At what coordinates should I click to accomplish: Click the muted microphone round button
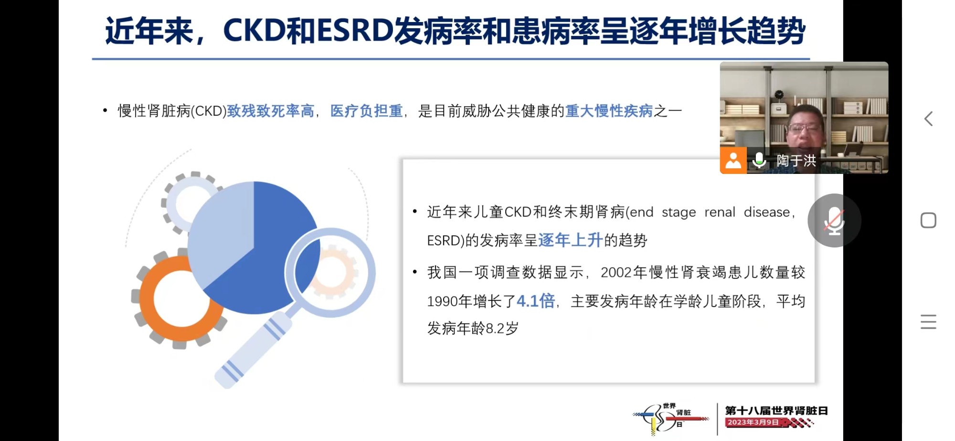click(834, 220)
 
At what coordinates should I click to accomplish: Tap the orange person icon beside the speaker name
click(733, 160)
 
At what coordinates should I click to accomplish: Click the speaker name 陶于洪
click(796, 161)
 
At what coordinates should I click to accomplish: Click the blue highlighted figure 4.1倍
click(536, 301)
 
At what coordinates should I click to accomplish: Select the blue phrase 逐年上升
click(570, 240)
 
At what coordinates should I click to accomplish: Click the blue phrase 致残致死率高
click(270, 111)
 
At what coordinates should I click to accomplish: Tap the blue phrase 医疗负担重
click(366, 111)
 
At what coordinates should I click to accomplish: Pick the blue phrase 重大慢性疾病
click(609, 111)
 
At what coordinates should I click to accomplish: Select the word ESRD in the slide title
click(355, 31)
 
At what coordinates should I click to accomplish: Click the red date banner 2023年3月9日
click(753, 422)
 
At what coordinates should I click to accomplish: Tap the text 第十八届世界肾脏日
click(776, 410)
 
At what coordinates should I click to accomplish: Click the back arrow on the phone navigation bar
click(928, 118)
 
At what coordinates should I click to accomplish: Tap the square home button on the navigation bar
click(928, 220)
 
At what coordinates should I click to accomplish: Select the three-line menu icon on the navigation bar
click(928, 322)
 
